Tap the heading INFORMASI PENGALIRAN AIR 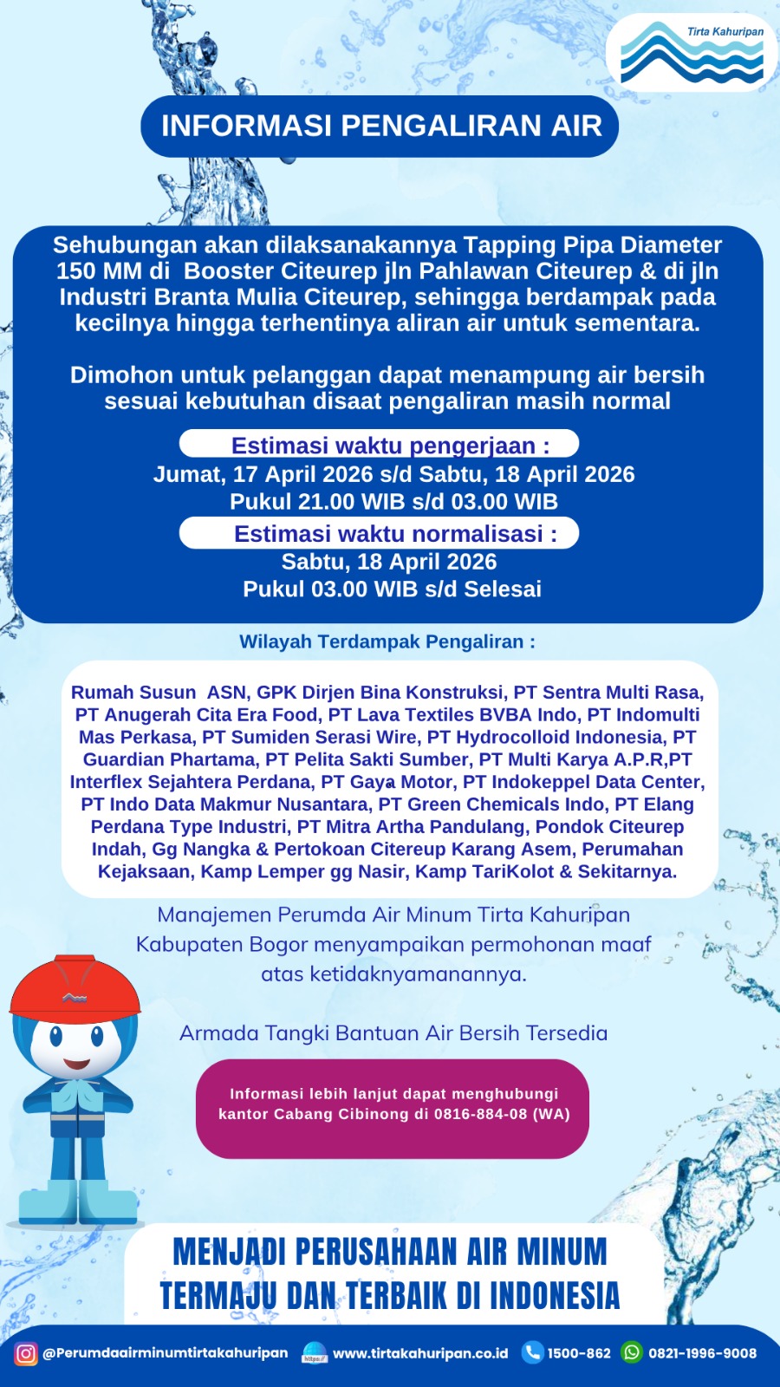coord(380,126)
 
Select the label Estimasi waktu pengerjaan coord(390,446)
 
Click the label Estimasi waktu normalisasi coord(395,533)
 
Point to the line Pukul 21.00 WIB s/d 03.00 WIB coord(393,502)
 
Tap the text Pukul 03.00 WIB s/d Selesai coord(392,589)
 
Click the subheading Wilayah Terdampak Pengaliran coord(387,642)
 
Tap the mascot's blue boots coord(78,1201)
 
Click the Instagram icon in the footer coord(26,1353)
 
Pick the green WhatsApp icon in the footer coord(633,1352)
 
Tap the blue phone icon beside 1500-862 coord(532,1352)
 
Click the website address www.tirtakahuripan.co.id coord(420,1353)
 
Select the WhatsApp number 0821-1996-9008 coord(702,1353)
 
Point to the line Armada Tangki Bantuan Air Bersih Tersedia coord(393,1033)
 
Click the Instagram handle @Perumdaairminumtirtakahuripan coord(165,1353)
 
